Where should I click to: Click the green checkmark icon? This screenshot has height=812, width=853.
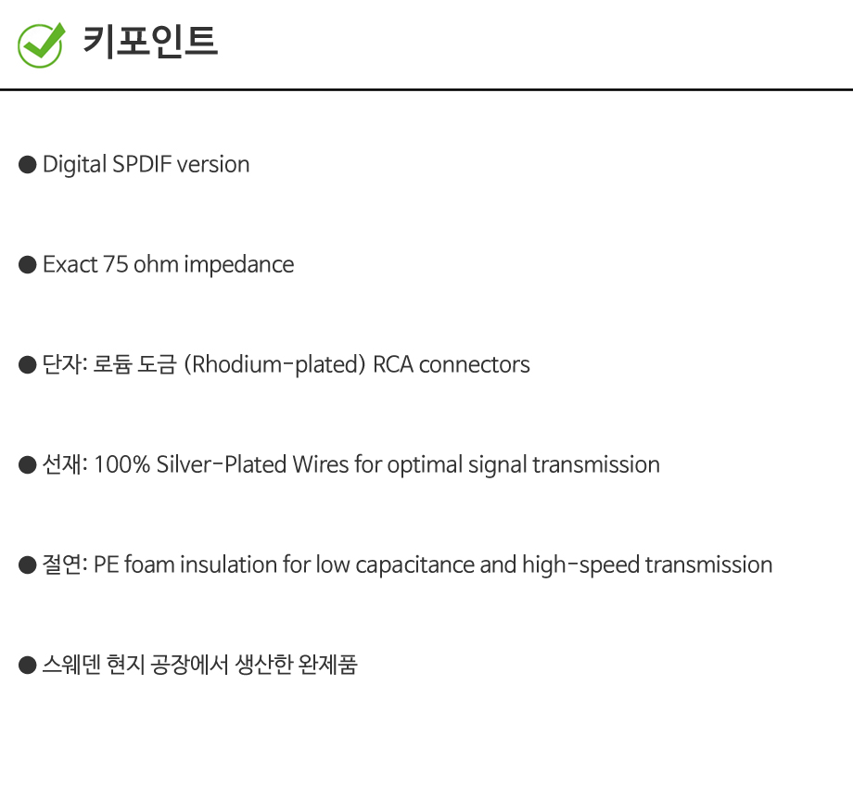[41, 45]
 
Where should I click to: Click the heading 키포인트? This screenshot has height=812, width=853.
[150, 42]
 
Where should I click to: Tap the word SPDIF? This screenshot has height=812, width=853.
[142, 164]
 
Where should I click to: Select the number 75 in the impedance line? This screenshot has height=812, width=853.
[115, 264]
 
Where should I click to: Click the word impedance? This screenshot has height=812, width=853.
[239, 265]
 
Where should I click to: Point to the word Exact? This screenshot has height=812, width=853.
[70, 264]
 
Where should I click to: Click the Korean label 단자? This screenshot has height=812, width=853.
[65, 364]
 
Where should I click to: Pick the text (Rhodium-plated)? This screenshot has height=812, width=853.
[274, 365]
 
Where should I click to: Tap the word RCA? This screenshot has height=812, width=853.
[393, 364]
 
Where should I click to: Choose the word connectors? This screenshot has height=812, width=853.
[475, 365]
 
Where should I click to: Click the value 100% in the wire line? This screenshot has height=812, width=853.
[121, 464]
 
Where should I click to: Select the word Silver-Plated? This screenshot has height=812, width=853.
[222, 464]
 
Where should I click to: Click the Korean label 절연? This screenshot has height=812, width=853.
[65, 565]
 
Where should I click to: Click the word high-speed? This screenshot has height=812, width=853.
[580, 565]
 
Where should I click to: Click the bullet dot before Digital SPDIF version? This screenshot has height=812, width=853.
[27, 164]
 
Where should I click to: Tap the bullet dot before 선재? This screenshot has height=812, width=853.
[27, 465]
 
